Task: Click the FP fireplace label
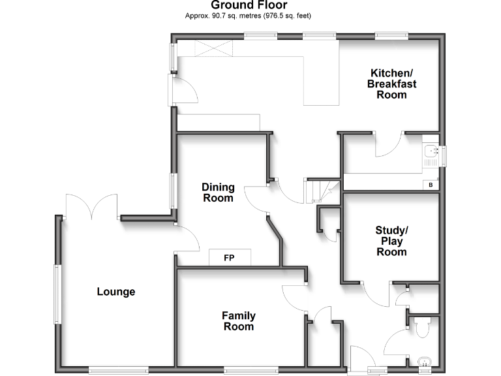229,258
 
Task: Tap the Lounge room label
116,292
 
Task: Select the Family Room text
239,321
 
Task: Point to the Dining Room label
219,193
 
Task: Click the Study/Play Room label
391,241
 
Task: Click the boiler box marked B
430,185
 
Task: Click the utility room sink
431,153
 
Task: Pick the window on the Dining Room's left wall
174,191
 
